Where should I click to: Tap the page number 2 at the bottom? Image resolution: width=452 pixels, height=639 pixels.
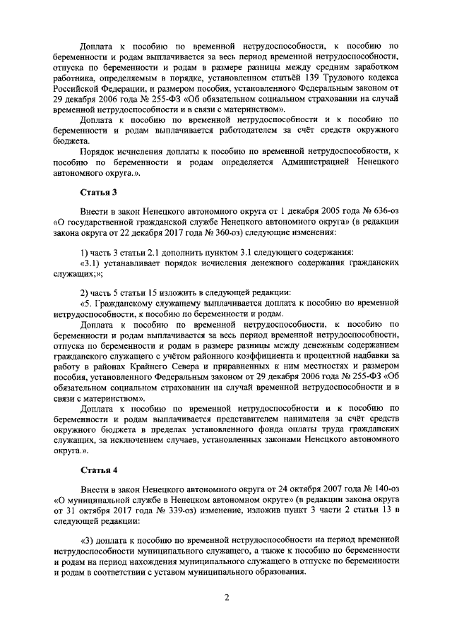[x=227, y=598]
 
